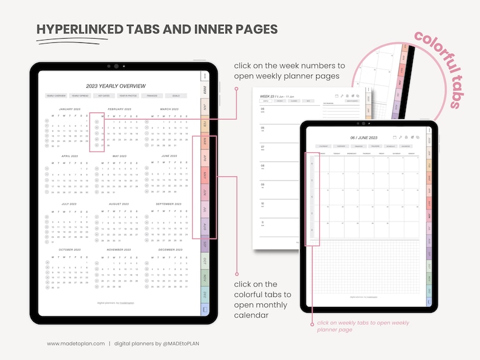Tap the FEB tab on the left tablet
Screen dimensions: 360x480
(205, 124)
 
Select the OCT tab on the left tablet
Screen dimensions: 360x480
(205, 261)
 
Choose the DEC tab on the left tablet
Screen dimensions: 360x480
(205, 295)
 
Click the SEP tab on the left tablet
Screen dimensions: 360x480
(205, 244)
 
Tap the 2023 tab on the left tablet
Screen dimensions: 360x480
(205, 90)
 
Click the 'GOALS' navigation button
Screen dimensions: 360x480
(175, 95)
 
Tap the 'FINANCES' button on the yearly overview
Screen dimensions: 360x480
(151, 95)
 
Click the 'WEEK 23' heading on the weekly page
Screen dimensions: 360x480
(267, 96)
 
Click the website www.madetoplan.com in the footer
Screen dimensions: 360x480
(76, 343)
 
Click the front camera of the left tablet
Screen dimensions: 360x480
(115, 66)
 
